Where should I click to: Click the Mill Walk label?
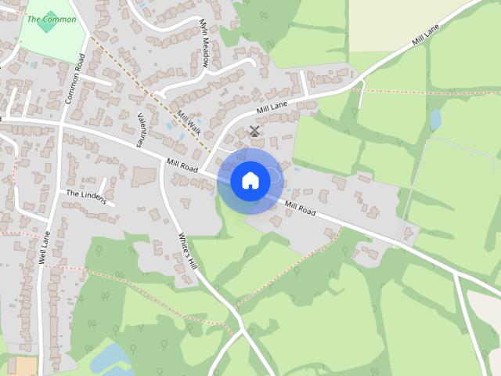(189, 122)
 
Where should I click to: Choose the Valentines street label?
(142, 130)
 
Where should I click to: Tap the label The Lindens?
(85, 196)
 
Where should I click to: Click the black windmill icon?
(254, 132)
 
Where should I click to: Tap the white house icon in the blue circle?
(250, 181)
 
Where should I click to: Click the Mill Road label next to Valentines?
(181, 165)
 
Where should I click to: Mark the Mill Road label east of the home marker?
(300, 208)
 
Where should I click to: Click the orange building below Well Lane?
(26, 367)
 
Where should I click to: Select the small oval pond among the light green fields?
(435, 119)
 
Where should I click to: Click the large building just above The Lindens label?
(143, 178)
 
